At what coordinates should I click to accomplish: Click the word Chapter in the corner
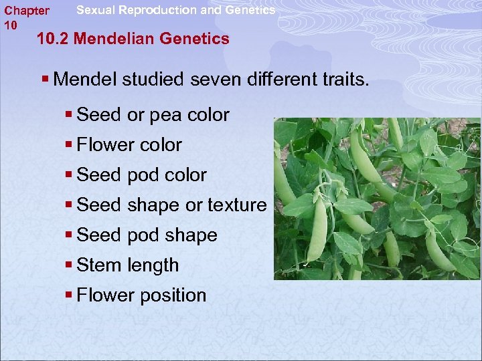click(27, 11)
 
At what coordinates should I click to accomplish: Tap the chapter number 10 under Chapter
click(11, 25)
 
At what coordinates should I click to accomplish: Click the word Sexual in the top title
click(96, 10)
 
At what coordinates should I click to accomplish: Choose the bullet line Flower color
click(129, 145)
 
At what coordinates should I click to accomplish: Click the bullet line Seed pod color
click(142, 175)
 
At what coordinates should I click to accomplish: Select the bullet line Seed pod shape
click(147, 235)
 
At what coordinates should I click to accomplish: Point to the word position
click(173, 295)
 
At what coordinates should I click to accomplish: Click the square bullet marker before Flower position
click(69, 295)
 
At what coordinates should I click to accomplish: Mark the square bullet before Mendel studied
click(45, 80)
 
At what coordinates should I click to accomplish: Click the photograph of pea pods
click(376, 199)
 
